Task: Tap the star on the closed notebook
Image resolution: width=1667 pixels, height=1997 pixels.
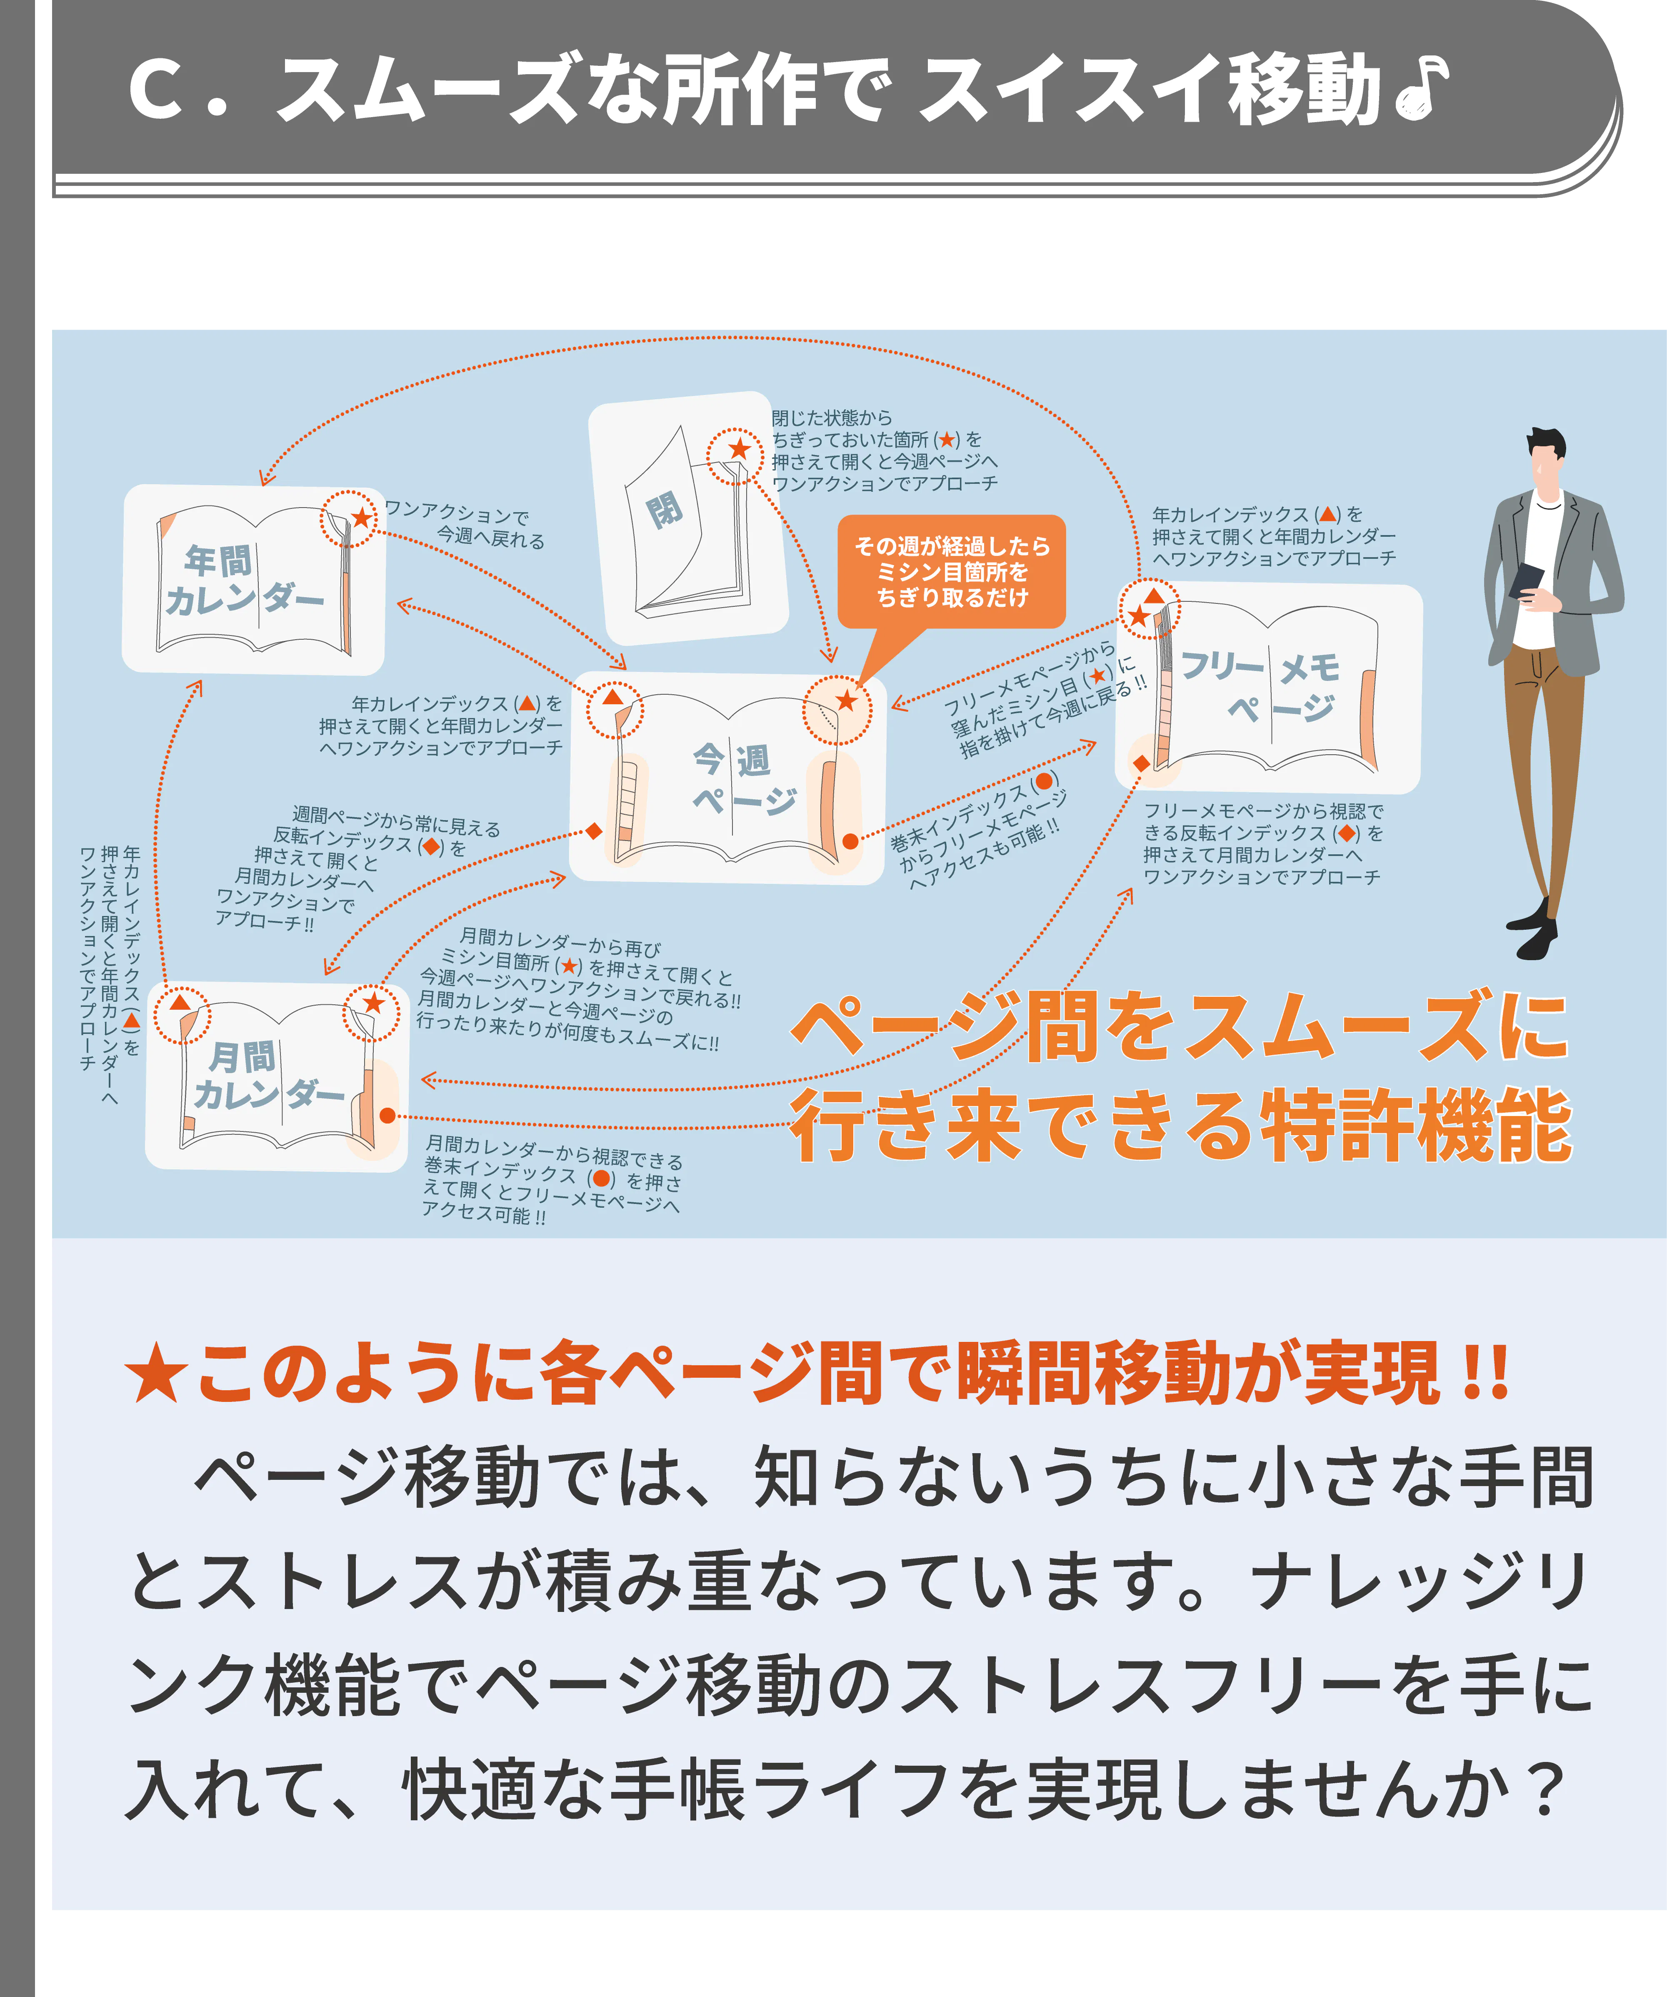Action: [x=739, y=449]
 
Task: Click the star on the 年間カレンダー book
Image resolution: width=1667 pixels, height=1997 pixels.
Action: [x=361, y=517]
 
